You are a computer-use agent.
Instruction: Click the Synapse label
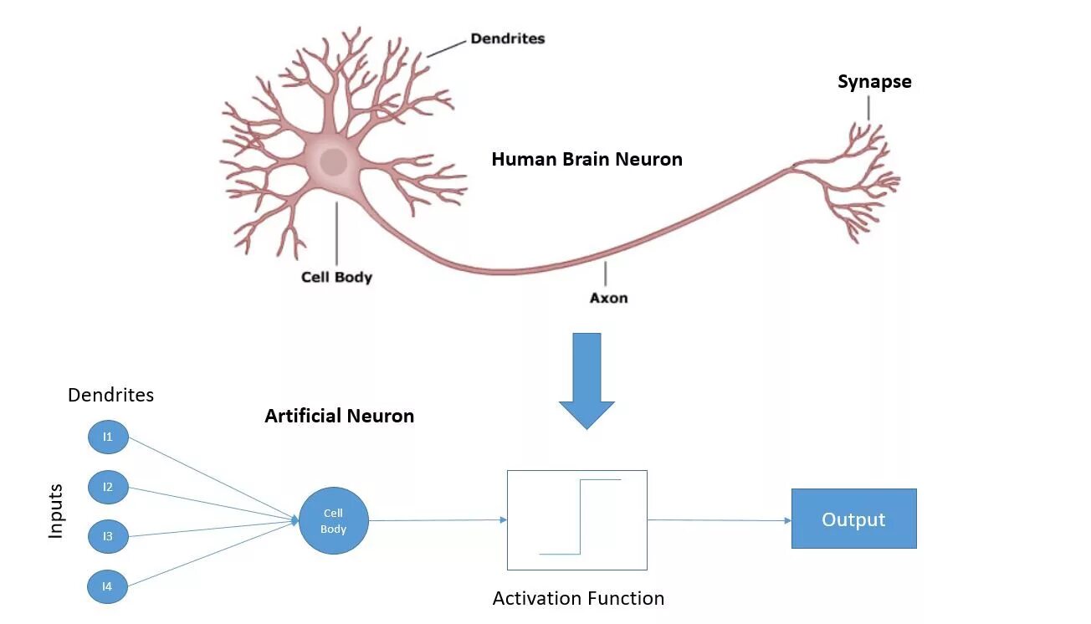(874, 82)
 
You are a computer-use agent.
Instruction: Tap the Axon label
(608, 298)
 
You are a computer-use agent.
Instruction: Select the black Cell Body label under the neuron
(336, 277)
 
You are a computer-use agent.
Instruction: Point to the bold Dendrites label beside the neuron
(507, 38)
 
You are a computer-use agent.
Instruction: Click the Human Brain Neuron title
(586, 159)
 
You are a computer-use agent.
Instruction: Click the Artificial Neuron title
(339, 416)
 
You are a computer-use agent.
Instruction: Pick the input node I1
(108, 437)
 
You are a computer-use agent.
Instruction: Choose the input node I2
(108, 487)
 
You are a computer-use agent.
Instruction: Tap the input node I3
(108, 536)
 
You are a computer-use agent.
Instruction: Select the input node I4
(108, 586)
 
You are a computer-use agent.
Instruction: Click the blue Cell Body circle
(333, 520)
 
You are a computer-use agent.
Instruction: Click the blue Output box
(853, 519)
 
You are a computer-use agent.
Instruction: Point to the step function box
(576, 519)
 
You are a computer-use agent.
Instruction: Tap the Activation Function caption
(578, 598)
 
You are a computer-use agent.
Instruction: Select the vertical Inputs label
(56, 510)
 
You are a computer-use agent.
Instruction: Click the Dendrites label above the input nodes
(110, 395)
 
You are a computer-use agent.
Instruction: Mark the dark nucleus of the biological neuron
(334, 161)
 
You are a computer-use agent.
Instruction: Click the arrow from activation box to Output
(719, 520)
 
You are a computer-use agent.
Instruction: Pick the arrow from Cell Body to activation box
(438, 520)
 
